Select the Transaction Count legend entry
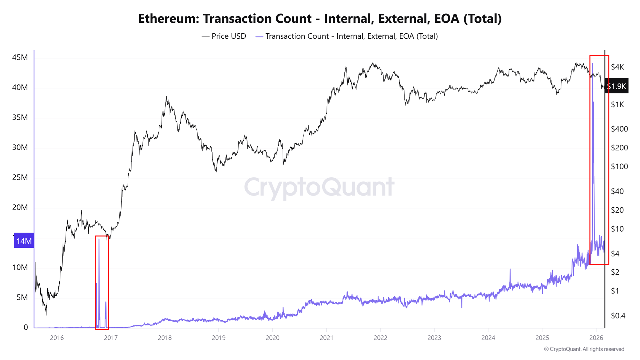[x=347, y=36]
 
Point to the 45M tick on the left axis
[x=20, y=57]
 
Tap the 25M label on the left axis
[x=20, y=177]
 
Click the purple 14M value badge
[x=24, y=241]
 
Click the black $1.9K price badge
[x=616, y=86]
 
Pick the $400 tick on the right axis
[x=619, y=129]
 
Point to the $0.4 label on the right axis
[x=618, y=316]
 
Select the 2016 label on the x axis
[x=57, y=338]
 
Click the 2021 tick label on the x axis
[x=326, y=338]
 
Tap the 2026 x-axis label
[x=596, y=338]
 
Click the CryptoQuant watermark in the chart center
[x=319, y=187]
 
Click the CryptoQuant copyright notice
[x=584, y=349]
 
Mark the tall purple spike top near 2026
[x=592, y=64]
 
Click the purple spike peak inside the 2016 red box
[x=99, y=239]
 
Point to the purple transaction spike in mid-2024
[x=510, y=269]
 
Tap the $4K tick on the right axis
[x=617, y=67]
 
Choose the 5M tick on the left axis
[x=22, y=297]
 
